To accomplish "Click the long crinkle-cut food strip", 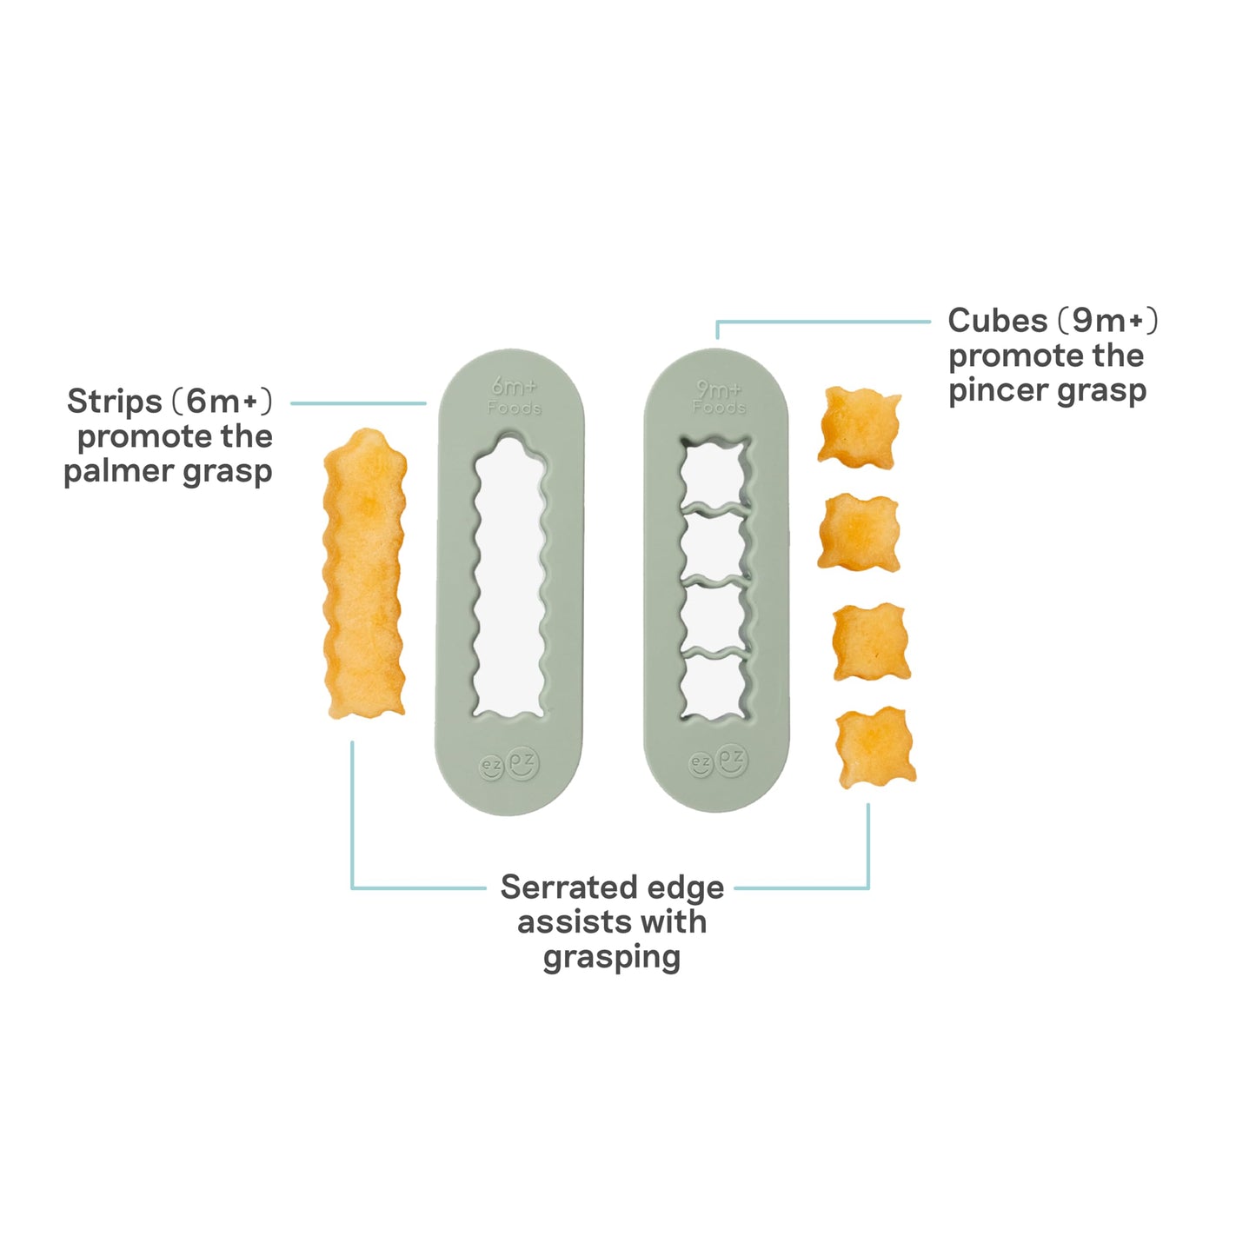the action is pyautogui.click(x=364, y=574).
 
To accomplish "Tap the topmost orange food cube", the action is pyautogui.click(x=859, y=428).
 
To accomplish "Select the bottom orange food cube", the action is pyautogui.click(x=875, y=747).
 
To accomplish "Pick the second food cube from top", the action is pyautogui.click(x=859, y=533).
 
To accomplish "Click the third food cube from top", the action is pyautogui.click(x=872, y=641).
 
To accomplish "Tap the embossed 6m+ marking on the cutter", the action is pyautogui.click(x=515, y=387).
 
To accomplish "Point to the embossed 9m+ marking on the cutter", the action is pyautogui.click(x=719, y=389).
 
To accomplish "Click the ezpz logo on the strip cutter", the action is pyautogui.click(x=509, y=764).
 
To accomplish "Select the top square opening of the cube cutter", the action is pyautogui.click(x=714, y=472).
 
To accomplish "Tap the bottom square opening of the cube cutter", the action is pyautogui.click(x=715, y=685).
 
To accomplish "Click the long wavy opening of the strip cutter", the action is pyautogui.click(x=510, y=576).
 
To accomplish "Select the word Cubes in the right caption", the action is pyautogui.click(x=997, y=321).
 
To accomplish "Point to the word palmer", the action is pyautogui.click(x=120, y=471).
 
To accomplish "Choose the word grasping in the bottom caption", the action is pyautogui.click(x=612, y=958).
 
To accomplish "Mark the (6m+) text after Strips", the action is pyautogui.click(x=222, y=402).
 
